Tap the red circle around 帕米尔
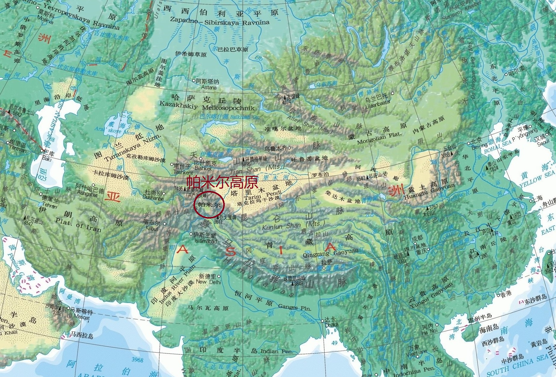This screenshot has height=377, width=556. click(x=209, y=205)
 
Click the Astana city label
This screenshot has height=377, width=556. click(x=209, y=87)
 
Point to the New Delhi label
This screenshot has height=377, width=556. click(x=209, y=282)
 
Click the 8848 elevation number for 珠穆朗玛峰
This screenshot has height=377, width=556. click(x=299, y=284)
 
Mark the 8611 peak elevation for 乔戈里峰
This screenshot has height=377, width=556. click(x=218, y=222)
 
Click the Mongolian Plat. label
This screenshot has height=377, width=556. click(x=379, y=138)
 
